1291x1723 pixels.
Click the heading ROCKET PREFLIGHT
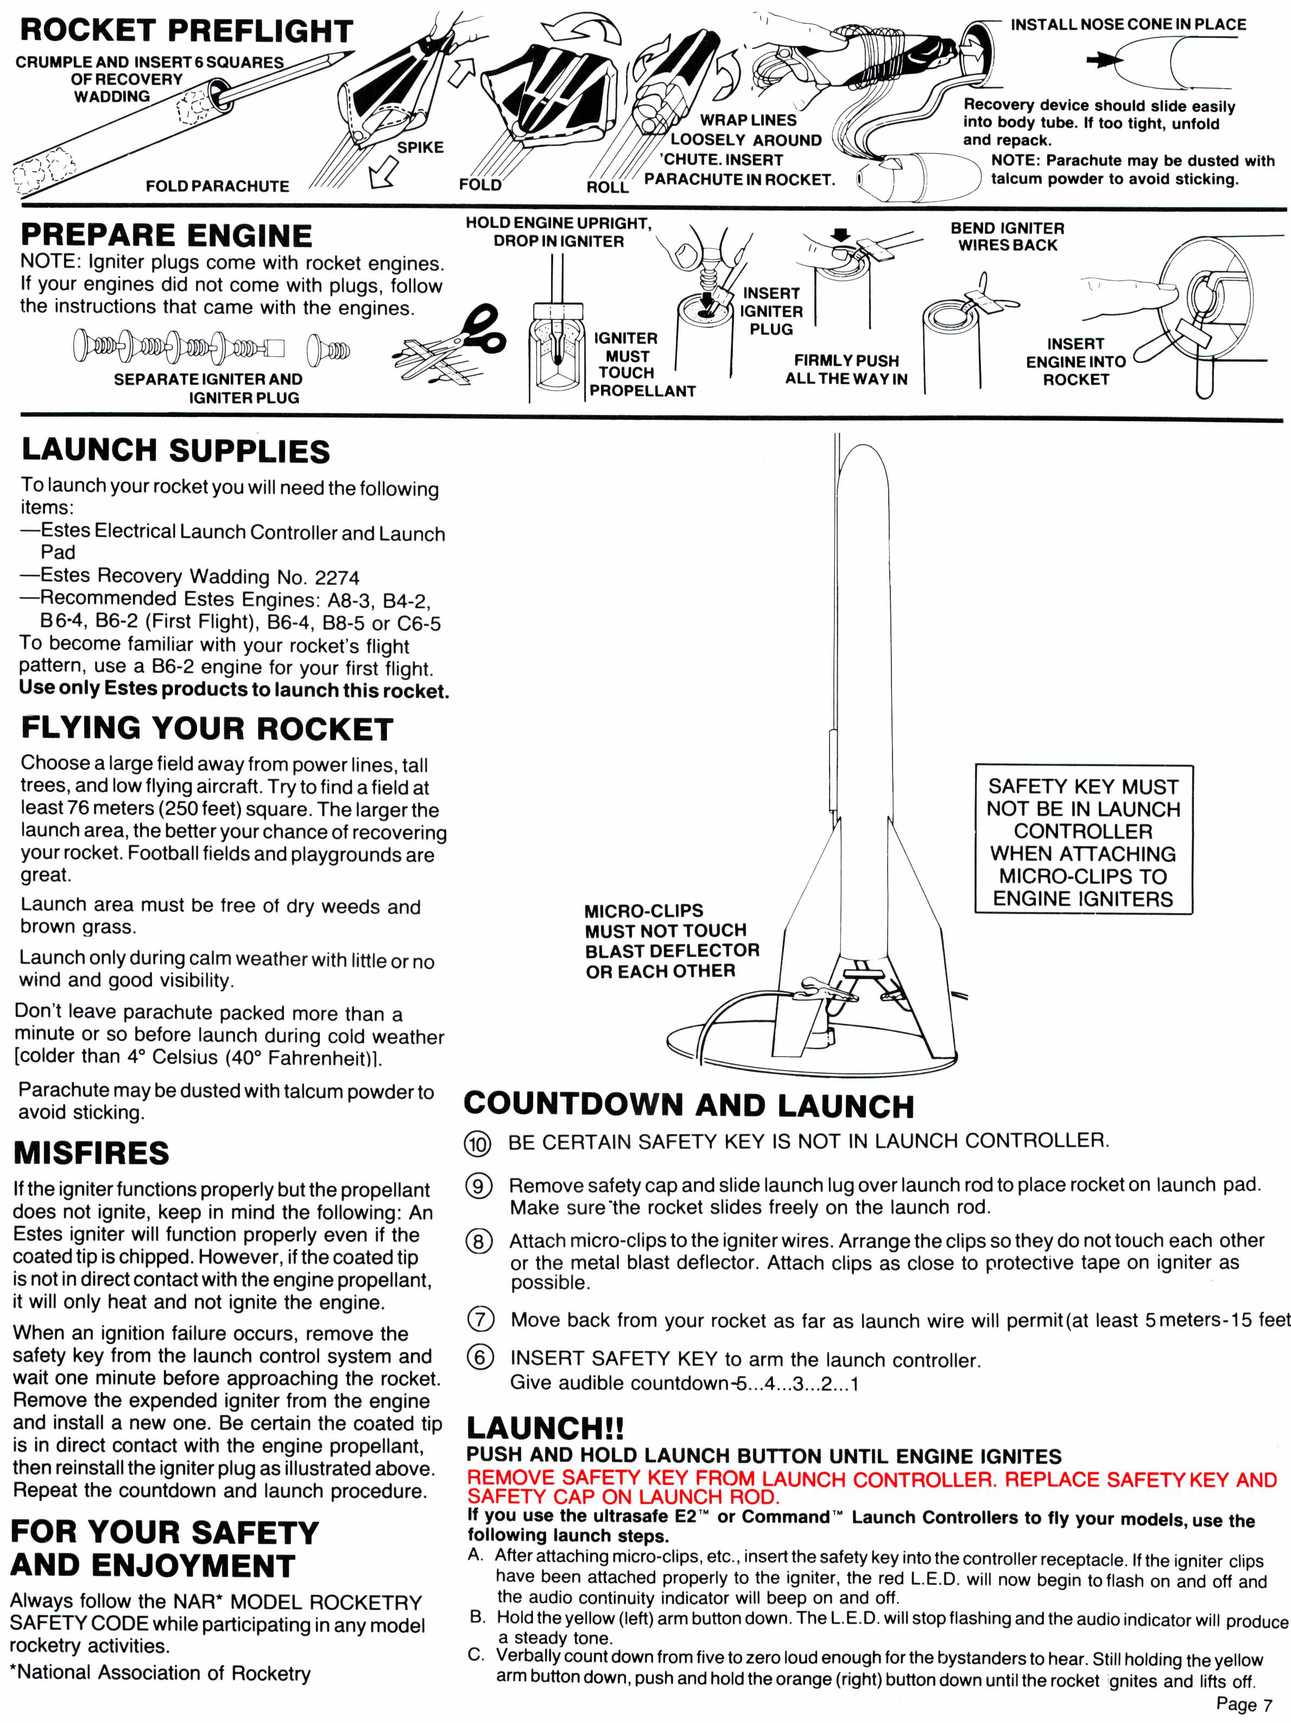186,30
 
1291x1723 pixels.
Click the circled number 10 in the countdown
477,1143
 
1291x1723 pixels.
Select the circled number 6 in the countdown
480,1357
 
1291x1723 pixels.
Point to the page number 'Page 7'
1244,1705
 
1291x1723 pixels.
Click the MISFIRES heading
92,1153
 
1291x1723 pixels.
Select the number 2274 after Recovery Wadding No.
337,577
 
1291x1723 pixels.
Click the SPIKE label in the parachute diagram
420,147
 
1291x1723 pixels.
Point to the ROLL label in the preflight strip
607,187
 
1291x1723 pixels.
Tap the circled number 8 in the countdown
479,1241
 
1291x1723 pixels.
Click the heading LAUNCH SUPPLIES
176,450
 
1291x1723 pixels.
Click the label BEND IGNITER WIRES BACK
1008,236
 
